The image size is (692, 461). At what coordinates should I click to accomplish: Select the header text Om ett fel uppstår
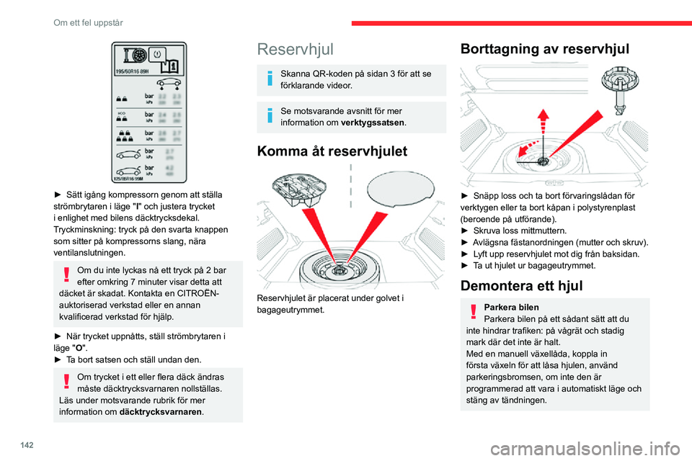88,23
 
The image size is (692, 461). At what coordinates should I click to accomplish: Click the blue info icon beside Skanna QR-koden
269,80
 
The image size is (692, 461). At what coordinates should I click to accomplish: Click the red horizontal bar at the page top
521,23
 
